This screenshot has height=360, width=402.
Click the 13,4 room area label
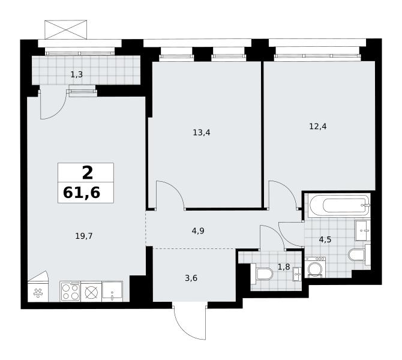[202, 133]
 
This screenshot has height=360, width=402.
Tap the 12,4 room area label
[318, 127]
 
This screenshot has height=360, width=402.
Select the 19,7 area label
[84, 236]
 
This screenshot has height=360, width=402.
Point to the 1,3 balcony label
[76, 74]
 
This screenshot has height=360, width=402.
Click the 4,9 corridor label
[198, 231]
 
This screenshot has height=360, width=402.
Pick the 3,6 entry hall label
[191, 278]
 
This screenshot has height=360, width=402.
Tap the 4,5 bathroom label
[325, 240]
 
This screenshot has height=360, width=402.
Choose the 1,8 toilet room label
[284, 267]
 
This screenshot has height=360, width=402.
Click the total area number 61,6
[82, 193]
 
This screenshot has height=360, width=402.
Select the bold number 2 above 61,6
[88, 173]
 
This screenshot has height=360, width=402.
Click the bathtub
[340, 205]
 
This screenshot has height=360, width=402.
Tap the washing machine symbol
[316, 268]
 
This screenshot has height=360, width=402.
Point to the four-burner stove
[70, 292]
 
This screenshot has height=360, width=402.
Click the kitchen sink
[112, 292]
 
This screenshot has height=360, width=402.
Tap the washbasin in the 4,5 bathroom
[362, 230]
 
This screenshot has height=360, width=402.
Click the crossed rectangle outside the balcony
[65, 30]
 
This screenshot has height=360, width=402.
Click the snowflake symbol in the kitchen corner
[38, 293]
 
